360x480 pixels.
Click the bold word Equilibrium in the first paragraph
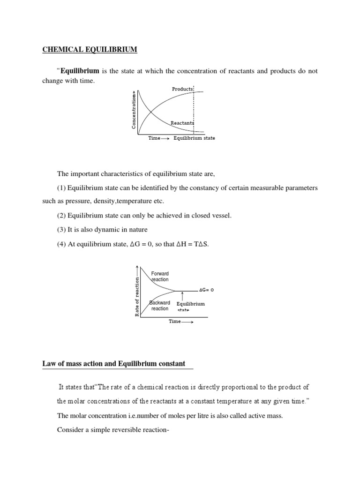(79, 71)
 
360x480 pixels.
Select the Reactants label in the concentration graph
(182, 123)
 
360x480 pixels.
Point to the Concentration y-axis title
(134, 111)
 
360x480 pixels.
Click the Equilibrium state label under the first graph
(195, 139)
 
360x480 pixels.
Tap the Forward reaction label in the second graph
(160, 277)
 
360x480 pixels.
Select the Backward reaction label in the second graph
(160, 306)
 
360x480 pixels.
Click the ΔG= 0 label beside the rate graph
(206, 291)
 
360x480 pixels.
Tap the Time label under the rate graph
(174, 322)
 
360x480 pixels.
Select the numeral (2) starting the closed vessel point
(61, 216)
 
